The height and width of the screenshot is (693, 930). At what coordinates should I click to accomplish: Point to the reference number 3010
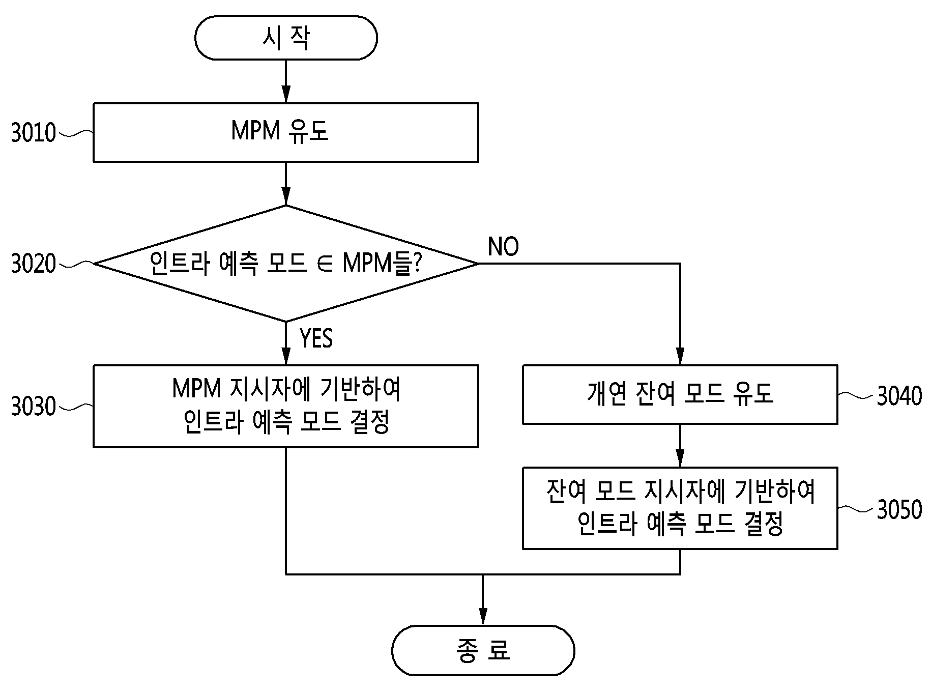click(x=34, y=133)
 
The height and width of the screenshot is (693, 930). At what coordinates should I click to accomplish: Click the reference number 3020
click(x=34, y=264)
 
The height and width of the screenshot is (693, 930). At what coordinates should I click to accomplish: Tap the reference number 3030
click(x=34, y=407)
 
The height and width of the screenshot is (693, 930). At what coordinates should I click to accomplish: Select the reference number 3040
click(x=899, y=396)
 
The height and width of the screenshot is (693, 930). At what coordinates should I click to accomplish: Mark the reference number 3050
click(x=899, y=509)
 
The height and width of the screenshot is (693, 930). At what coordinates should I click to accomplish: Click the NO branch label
click(x=503, y=247)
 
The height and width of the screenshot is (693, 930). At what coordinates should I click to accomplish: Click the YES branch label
click(x=316, y=338)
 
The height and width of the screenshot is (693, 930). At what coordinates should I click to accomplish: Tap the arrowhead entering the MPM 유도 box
click(x=286, y=95)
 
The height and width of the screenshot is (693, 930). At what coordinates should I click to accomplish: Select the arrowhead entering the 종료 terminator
click(x=483, y=617)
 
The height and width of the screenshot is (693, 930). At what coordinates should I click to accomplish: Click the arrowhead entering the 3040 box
click(x=680, y=357)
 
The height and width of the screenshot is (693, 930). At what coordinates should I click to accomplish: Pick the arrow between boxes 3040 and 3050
click(x=680, y=446)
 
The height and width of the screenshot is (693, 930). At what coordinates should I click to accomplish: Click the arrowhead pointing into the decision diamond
click(x=286, y=197)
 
